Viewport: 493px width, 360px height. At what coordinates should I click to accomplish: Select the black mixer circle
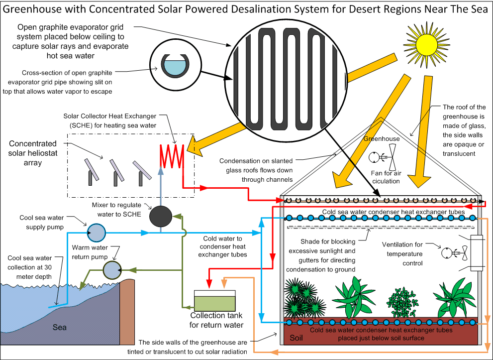[160, 216]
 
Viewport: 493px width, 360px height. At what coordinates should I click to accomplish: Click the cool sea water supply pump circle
[97, 232]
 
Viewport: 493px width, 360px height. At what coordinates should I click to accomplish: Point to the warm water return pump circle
[111, 269]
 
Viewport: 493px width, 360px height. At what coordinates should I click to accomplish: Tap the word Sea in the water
[60, 327]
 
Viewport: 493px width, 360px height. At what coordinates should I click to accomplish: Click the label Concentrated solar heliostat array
[33, 153]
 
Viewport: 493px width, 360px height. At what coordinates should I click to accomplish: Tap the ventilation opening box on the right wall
[478, 253]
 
